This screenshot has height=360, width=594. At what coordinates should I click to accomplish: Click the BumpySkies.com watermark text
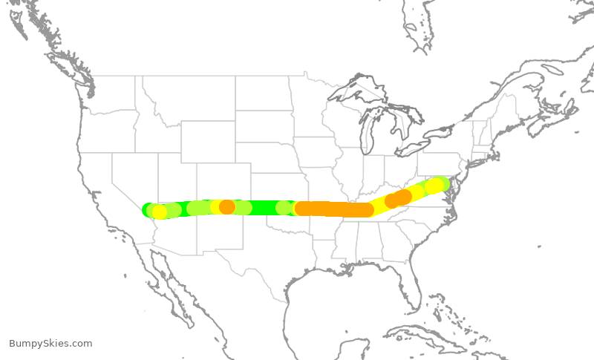[x=50, y=344]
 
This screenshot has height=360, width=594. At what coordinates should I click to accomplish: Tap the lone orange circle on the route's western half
[x=227, y=207]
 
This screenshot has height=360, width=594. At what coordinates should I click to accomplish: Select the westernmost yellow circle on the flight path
[x=160, y=212]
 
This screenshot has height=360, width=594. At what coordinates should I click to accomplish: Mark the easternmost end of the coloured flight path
[x=443, y=183]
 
